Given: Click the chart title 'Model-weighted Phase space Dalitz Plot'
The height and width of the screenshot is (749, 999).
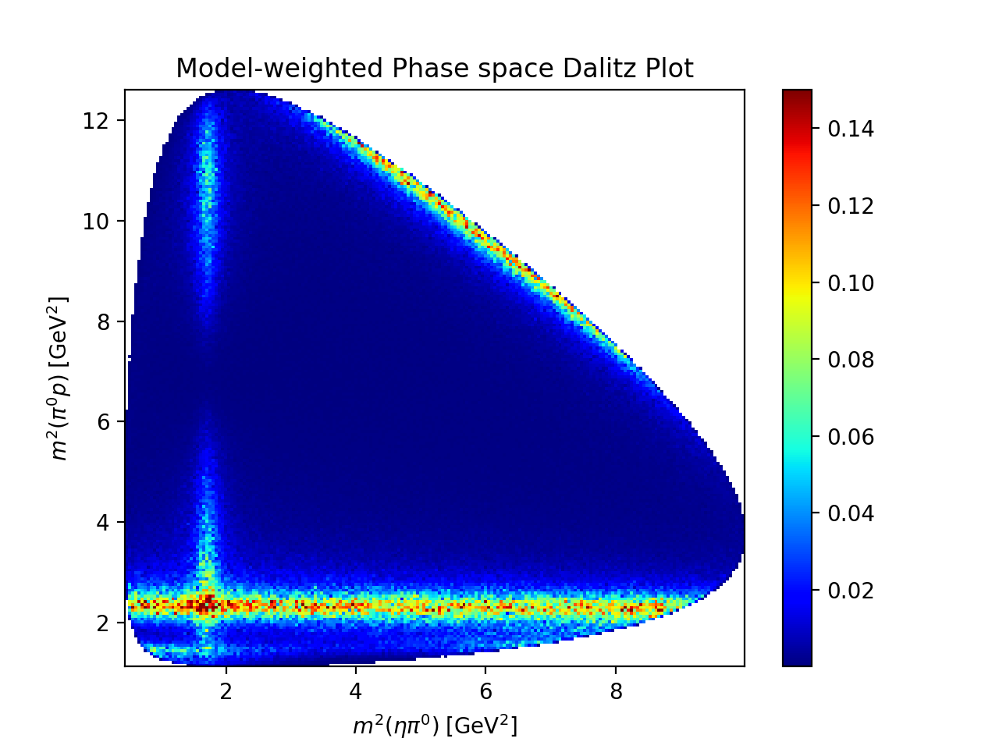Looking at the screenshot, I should pos(434,69).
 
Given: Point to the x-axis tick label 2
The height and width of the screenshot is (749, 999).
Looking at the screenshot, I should pos(226,692).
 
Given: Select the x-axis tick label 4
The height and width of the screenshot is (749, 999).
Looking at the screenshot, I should pos(356,692).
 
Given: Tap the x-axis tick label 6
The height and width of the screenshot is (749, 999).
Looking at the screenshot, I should pos(485,692).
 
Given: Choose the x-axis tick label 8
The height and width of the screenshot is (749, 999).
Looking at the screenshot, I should pos(616,692).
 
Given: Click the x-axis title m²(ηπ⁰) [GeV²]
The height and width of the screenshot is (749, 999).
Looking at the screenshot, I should pos(435,726).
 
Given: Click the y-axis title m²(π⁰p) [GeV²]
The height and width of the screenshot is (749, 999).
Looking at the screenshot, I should pos(59,378).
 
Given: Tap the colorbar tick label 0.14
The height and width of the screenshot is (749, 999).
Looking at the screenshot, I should pos(851,129).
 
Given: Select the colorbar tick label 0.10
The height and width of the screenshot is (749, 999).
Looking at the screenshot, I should pos(851,283).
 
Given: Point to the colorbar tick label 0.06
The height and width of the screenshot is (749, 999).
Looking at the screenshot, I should pos(851,437).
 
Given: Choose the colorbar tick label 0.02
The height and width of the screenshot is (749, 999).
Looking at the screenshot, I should pos(851,591).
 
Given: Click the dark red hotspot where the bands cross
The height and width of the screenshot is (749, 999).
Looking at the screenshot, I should pos(206,603).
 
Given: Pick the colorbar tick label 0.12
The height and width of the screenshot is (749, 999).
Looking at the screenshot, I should pos(851,206).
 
